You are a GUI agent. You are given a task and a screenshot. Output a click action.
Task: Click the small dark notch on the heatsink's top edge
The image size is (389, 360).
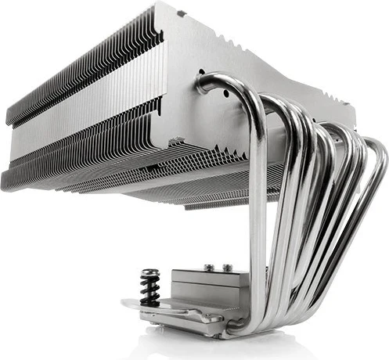(181, 13)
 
